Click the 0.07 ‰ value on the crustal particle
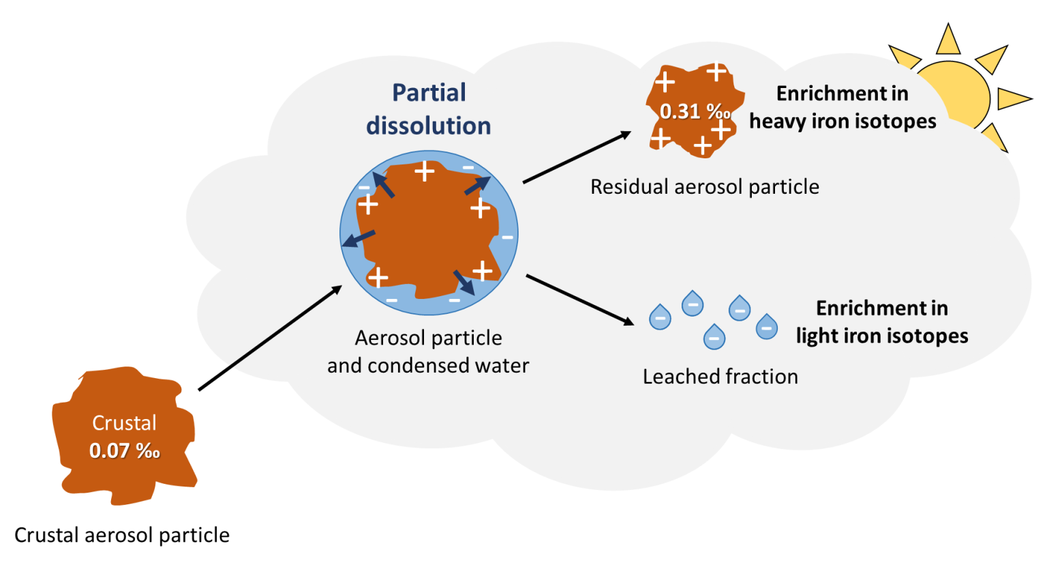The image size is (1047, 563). click(125, 451)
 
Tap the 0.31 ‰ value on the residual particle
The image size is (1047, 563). click(694, 111)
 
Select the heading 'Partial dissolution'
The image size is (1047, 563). click(429, 109)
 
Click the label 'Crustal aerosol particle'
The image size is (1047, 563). click(122, 535)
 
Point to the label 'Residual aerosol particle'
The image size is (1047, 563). click(705, 187)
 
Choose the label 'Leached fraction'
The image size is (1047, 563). click(720, 377)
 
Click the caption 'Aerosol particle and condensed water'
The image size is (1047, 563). click(428, 352)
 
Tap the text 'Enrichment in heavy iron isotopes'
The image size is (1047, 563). click(843, 107)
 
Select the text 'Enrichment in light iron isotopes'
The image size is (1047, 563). click(882, 322)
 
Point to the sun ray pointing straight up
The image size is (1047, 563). click(947, 40)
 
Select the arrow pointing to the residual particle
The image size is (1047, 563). click(577, 158)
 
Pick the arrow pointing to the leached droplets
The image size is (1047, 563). click(579, 300)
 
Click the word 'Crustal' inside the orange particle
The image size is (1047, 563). click(125, 423)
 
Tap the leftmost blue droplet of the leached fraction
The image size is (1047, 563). click(660, 317)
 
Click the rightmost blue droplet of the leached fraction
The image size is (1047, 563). click(767, 327)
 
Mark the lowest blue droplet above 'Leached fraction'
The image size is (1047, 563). click(714, 337)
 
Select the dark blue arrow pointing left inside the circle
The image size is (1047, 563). click(359, 238)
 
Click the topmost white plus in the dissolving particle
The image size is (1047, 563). click(425, 171)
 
